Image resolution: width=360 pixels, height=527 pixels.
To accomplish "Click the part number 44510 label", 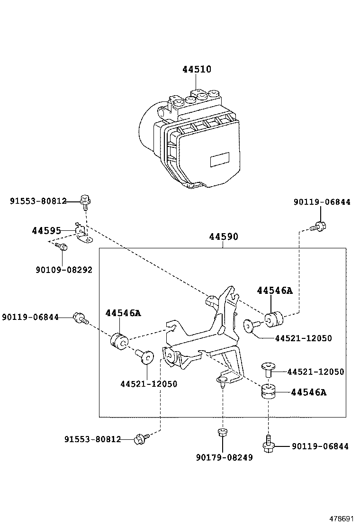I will [197, 70].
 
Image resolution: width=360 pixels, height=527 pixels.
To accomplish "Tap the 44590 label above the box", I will [224, 236].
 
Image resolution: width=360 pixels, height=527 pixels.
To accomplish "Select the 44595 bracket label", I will [46, 231].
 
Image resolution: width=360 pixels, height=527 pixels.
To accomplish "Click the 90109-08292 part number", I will [63, 270].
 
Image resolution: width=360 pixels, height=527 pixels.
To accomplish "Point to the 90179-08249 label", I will [224, 458].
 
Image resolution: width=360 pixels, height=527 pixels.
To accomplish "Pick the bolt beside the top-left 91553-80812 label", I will [85, 201].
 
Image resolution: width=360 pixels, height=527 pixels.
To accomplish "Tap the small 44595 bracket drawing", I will [84, 234].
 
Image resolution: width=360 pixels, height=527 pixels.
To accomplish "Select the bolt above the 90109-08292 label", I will [62, 246].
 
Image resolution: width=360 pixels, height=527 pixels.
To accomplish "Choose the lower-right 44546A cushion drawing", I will [269, 392].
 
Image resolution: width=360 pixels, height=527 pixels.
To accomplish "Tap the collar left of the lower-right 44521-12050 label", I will [269, 369].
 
